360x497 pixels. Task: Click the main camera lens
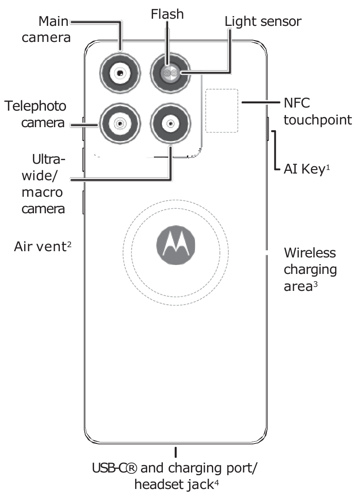coord(120,73)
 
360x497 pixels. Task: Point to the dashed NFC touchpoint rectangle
coord(222,110)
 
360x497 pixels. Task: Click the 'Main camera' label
coord(53,29)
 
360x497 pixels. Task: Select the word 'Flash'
coord(167,14)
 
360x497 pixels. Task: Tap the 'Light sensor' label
coord(263,21)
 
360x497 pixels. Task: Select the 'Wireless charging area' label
coord(310,269)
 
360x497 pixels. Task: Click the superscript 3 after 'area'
coord(314,284)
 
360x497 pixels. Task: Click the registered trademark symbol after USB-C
coord(131,470)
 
